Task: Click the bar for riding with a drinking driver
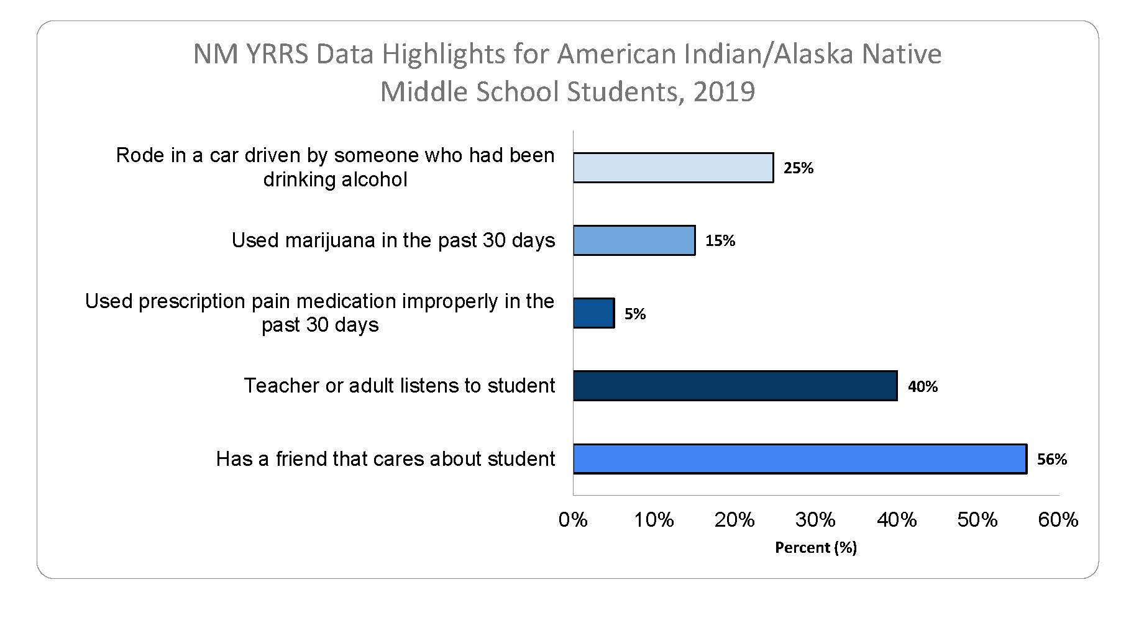[673, 168]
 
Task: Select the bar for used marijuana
[634, 240]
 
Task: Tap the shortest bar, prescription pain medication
[593, 313]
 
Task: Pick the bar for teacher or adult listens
[734, 386]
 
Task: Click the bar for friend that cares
[799, 458]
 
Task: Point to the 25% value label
[798, 168]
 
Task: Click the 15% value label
[720, 241]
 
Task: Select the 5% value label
[635, 314]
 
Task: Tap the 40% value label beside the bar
[923, 387]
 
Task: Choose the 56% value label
[1052, 460]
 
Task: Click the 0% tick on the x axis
[573, 519]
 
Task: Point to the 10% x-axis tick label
[654, 519]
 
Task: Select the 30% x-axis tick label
[815, 519]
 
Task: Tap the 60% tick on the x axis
[1058, 519]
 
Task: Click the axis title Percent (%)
[816, 547]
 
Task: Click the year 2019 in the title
[724, 92]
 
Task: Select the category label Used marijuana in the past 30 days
[393, 240]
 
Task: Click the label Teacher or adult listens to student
[399, 386]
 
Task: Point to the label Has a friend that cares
[385, 459]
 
